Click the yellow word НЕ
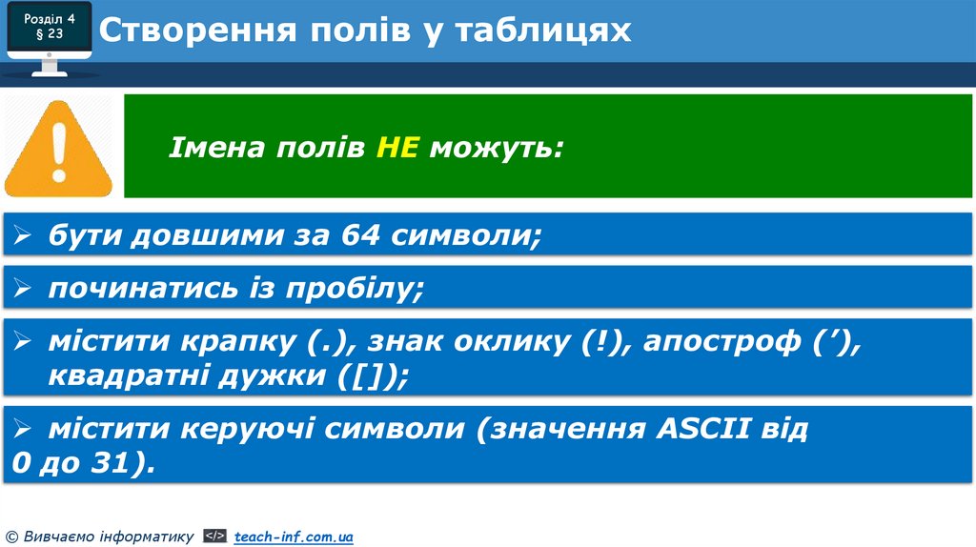click(x=397, y=149)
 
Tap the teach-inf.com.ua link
click(x=294, y=537)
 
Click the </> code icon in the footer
click(x=215, y=537)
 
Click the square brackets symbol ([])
click(x=372, y=376)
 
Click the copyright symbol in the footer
click(x=11, y=537)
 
